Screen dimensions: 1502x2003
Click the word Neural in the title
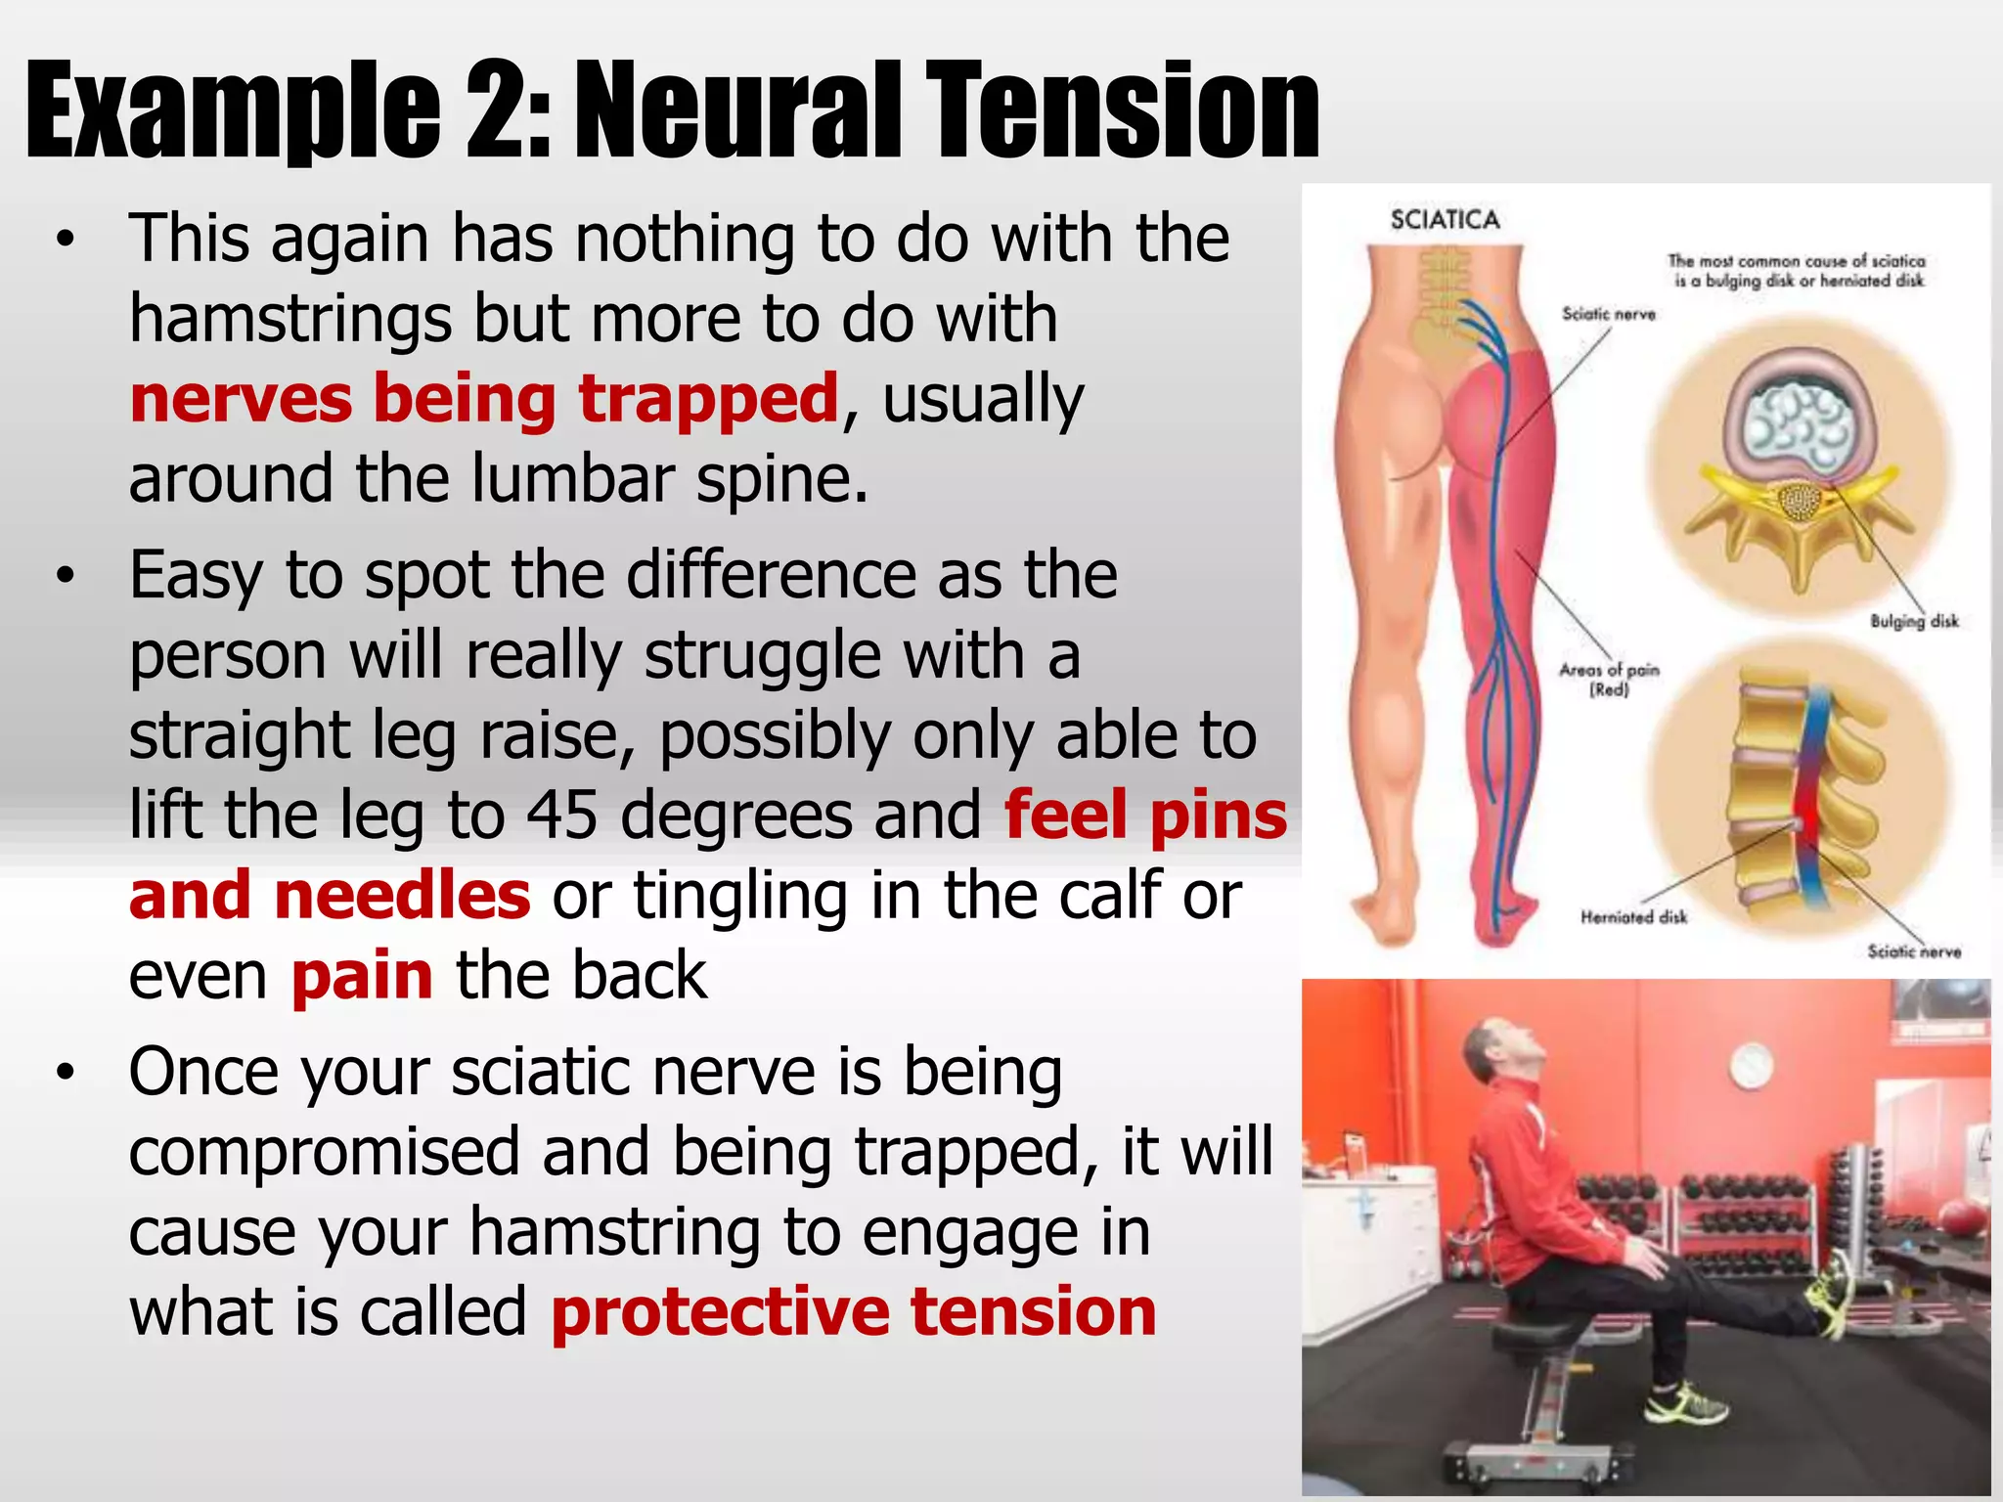click(738, 110)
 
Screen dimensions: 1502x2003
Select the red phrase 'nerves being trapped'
click(484, 399)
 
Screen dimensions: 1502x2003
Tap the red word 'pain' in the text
click(362, 976)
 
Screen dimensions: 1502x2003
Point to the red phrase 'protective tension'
click(854, 1311)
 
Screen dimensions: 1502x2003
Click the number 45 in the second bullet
click(561, 815)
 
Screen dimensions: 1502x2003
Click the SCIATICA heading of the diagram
click(1445, 220)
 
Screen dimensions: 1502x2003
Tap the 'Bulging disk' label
click(1914, 621)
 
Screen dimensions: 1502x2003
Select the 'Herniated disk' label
click(1633, 917)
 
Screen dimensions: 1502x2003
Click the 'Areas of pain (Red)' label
click(1609, 679)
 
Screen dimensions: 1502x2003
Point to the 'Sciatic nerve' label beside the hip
click(1608, 314)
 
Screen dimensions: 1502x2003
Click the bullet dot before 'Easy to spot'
click(65, 576)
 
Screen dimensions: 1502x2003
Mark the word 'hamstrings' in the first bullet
click(290, 320)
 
